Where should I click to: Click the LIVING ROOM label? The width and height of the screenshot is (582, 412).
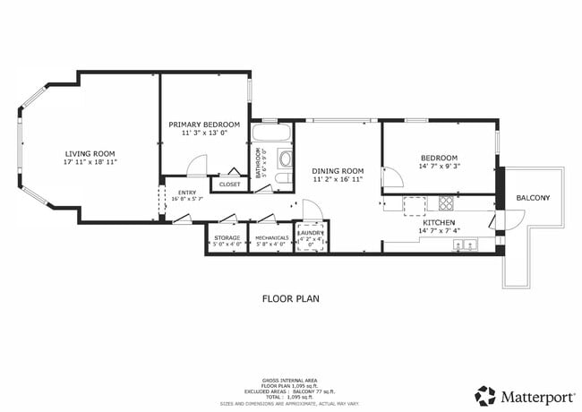(x=90, y=154)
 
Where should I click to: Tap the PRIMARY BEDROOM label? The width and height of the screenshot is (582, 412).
(x=204, y=124)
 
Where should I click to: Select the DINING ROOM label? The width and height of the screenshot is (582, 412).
(x=338, y=170)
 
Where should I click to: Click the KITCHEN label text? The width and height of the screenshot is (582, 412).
(x=439, y=222)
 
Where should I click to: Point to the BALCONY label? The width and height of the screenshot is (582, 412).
(x=533, y=198)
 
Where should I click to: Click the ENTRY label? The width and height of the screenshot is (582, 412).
(x=187, y=192)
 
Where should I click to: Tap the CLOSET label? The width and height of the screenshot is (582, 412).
(x=230, y=185)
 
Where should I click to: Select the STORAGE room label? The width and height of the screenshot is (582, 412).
(x=227, y=237)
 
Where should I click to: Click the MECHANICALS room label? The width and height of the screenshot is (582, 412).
(x=271, y=237)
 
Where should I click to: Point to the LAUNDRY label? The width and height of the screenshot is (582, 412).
(x=310, y=231)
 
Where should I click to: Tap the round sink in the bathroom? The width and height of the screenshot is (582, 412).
(x=286, y=160)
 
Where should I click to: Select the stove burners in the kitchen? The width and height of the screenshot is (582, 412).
(x=445, y=203)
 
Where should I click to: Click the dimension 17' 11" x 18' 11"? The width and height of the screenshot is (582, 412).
(x=90, y=164)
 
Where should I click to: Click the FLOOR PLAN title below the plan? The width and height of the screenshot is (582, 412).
(x=290, y=298)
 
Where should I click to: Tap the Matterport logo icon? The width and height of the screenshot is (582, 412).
(x=486, y=394)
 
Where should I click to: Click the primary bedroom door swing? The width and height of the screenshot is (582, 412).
(x=196, y=167)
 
